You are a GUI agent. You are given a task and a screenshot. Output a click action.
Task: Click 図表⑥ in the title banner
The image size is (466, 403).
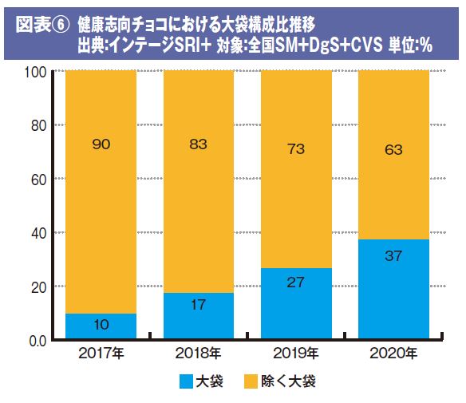pyautogui.click(x=42, y=25)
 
